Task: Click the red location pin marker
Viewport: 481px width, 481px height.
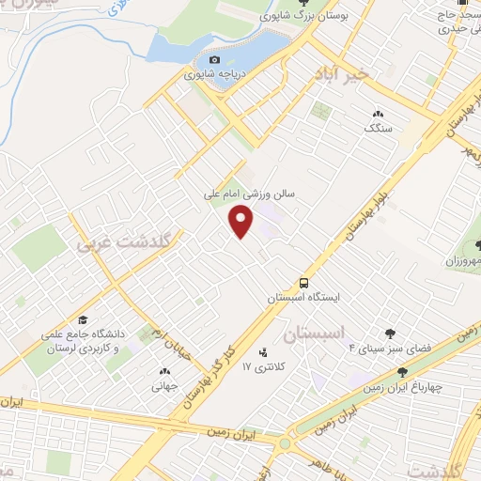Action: (x=241, y=221)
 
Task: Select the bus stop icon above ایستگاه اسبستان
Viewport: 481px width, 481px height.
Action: (x=303, y=282)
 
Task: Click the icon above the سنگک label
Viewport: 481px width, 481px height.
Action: (x=378, y=113)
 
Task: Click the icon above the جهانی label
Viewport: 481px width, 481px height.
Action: (x=164, y=371)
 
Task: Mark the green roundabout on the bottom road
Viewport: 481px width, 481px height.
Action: (x=284, y=441)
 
